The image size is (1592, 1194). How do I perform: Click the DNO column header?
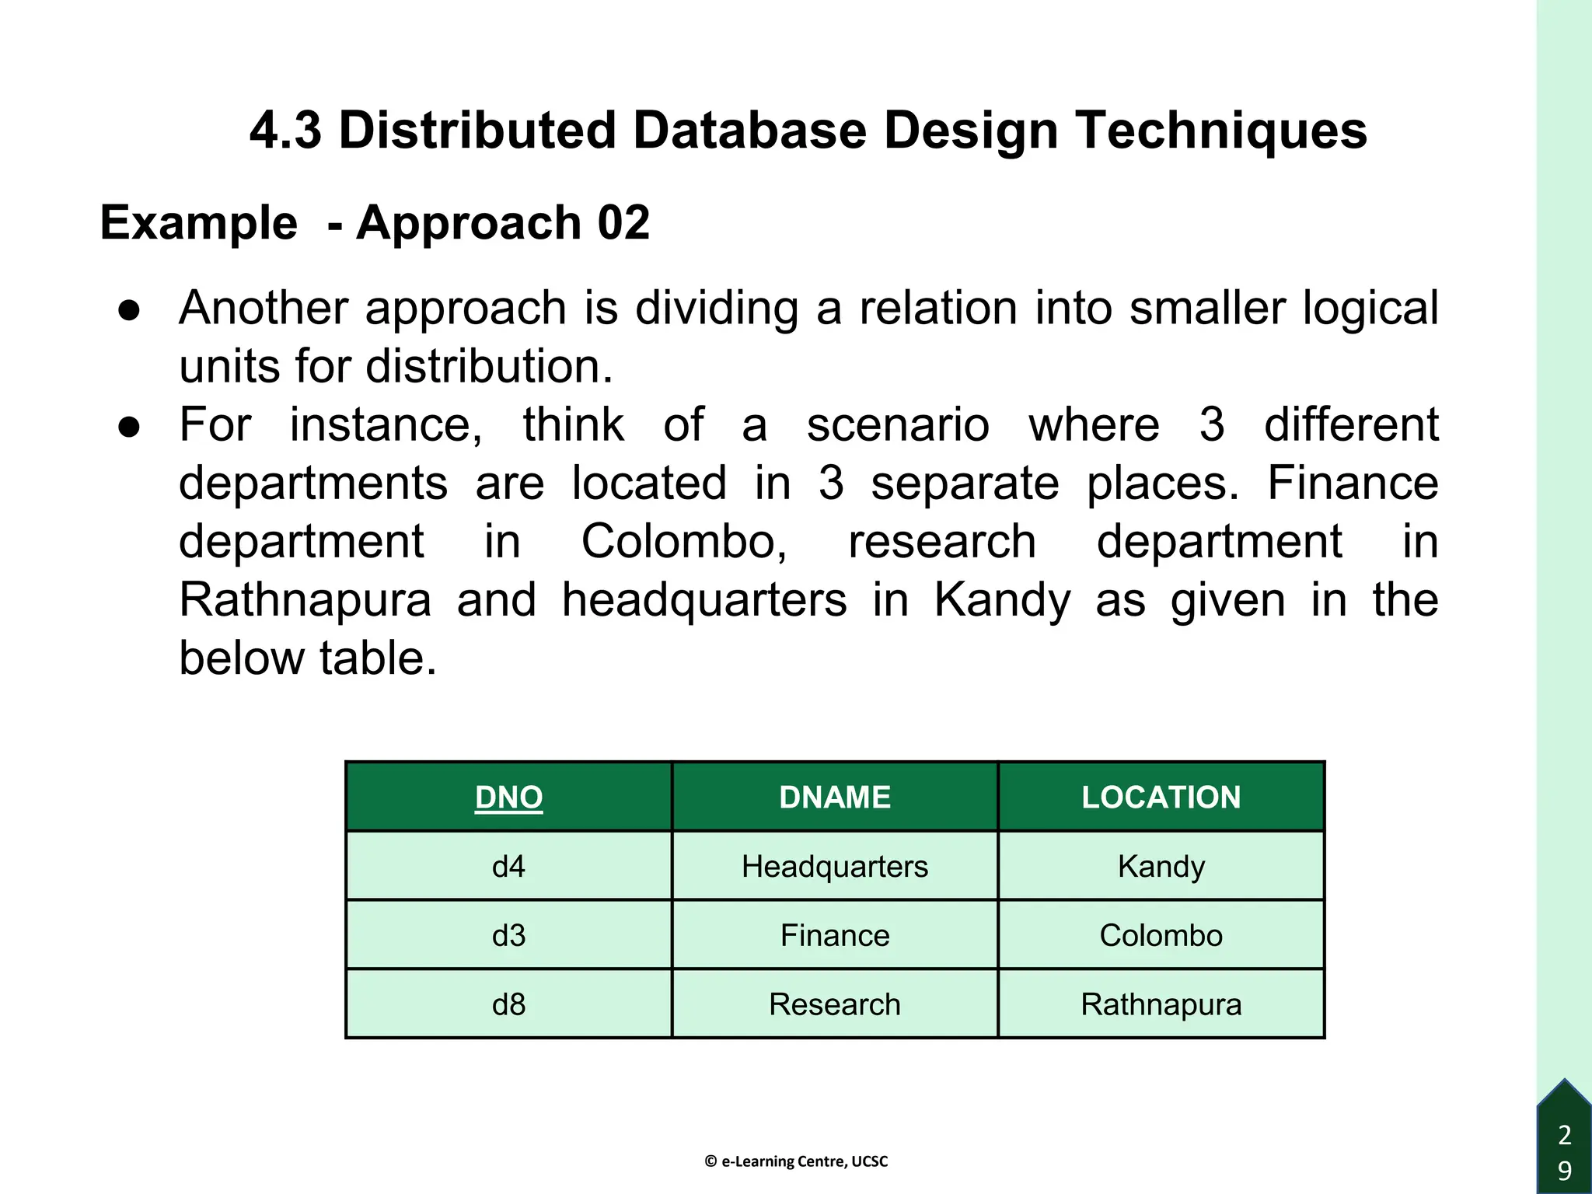point(508,798)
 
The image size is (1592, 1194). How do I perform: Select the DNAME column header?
point(835,798)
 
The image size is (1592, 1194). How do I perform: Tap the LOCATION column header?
point(1161,798)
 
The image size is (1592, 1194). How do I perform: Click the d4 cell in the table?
point(508,866)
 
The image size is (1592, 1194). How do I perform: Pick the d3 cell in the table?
point(508,935)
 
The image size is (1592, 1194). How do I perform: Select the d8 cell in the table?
point(508,1004)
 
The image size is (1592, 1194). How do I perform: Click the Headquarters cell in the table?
point(835,866)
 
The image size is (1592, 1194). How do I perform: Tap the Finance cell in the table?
point(835,935)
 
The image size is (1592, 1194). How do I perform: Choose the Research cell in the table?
point(835,1004)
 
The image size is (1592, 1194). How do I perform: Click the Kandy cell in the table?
point(1161,866)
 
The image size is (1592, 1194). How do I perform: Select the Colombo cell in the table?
point(1161,935)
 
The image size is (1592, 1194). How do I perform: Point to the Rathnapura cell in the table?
point(1161,1004)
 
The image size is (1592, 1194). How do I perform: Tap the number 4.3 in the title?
point(285,130)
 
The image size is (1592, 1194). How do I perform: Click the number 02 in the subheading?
point(623,223)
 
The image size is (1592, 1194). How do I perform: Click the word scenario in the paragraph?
point(898,426)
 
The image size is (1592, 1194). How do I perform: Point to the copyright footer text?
point(796,1161)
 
